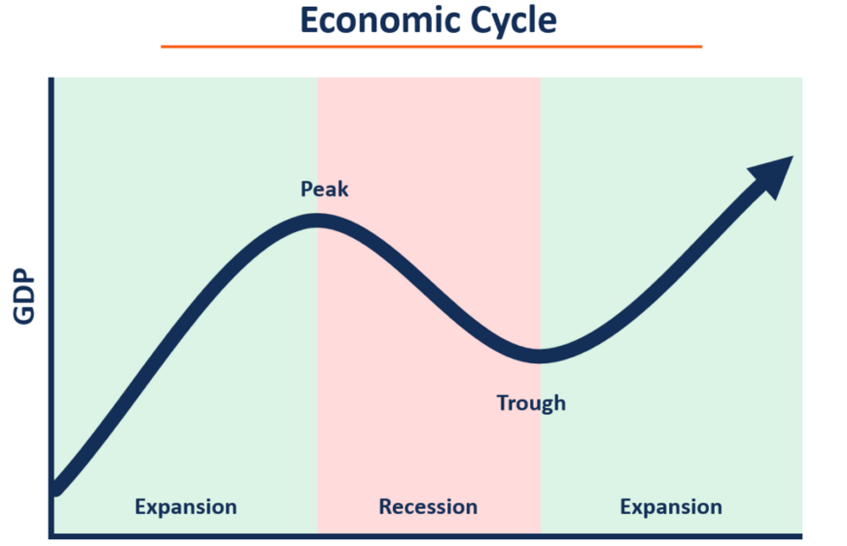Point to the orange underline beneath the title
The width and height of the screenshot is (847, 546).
[x=431, y=46]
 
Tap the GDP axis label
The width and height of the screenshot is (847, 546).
[x=25, y=297]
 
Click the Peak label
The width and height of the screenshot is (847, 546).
[x=324, y=189]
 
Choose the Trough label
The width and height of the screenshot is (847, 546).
[x=531, y=403]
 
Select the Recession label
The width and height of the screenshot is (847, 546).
[x=428, y=507]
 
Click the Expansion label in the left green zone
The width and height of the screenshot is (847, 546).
[x=185, y=507]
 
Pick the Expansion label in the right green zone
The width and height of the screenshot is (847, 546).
[x=671, y=507]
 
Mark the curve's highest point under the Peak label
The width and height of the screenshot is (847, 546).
[x=318, y=221]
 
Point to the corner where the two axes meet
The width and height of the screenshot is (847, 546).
[x=52, y=535]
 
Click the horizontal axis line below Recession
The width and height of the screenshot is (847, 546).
[x=428, y=535]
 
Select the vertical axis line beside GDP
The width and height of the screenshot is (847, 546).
[x=52, y=297]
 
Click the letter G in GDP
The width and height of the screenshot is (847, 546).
[x=25, y=315]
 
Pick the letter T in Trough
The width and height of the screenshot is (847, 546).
[x=502, y=403]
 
